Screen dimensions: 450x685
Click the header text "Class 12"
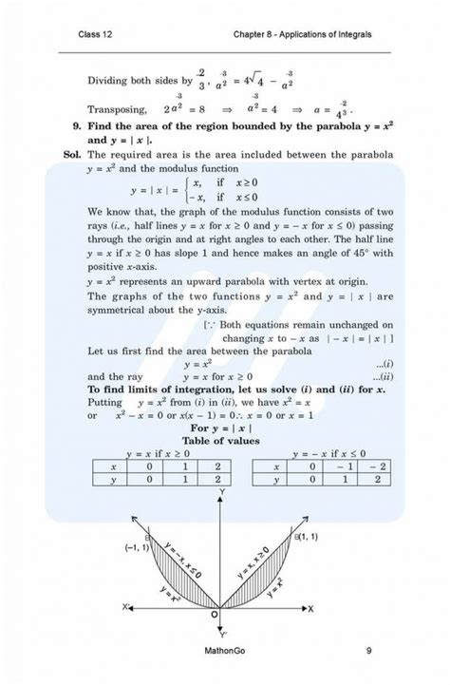[x=97, y=36]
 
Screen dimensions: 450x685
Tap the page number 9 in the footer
[x=367, y=651]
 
